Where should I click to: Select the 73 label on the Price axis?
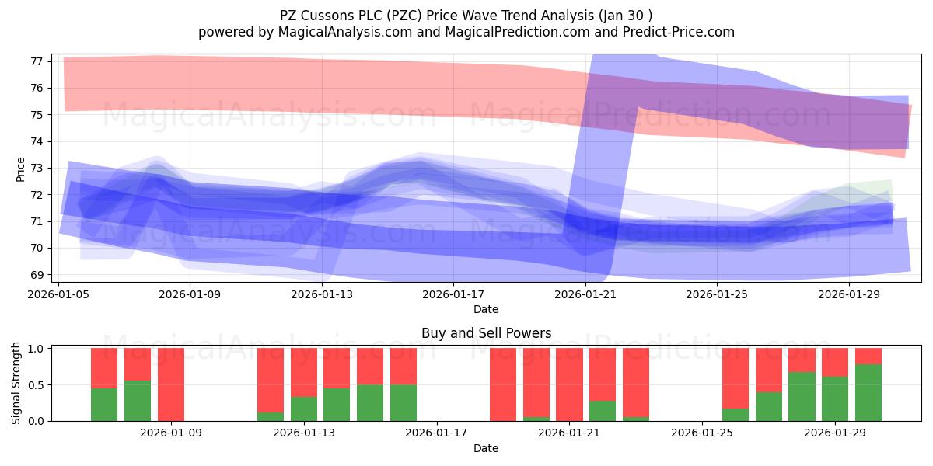(37, 168)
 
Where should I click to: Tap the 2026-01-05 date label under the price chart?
(58, 294)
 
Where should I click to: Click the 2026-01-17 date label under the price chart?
(453, 294)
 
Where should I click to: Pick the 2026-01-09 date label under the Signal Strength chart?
(171, 433)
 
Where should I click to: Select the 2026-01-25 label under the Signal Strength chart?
(702, 433)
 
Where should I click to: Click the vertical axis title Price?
(20, 169)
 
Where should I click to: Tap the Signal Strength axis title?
(16, 383)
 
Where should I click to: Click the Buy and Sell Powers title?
(486, 333)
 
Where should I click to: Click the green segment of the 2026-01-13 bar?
(304, 409)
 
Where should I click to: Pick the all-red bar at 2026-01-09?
(171, 384)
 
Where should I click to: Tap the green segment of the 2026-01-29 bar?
(835, 398)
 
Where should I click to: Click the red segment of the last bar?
(868, 356)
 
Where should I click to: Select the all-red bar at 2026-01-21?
(569, 384)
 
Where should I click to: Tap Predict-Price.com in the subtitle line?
(679, 32)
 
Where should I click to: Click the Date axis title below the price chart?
(486, 309)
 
